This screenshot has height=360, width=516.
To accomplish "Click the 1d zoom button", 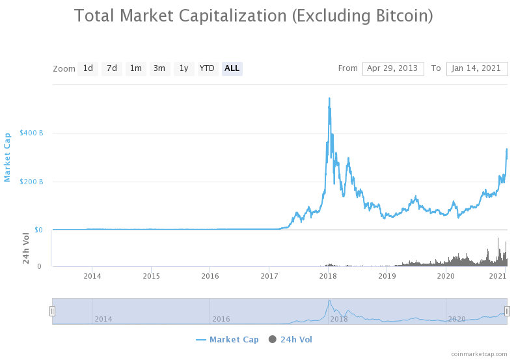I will (88, 68).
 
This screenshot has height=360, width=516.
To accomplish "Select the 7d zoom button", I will (112, 68).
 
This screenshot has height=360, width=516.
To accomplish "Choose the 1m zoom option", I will (135, 68).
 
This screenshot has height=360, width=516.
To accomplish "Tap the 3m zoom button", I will (159, 68).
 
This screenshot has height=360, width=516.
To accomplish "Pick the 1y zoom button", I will (183, 68).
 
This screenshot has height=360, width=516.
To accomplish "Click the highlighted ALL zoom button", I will (232, 68).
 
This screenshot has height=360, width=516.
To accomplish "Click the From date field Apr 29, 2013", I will (393, 68).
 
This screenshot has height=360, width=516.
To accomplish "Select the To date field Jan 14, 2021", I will (476, 68).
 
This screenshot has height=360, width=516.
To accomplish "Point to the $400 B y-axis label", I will (31, 133).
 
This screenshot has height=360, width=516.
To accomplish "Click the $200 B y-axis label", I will (31, 182).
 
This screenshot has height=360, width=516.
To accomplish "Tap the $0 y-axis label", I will (39, 230).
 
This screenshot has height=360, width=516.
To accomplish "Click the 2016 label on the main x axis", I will (210, 276).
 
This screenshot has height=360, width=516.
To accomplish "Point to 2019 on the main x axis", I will (387, 276).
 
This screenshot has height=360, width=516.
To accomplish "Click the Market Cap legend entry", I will (227, 340).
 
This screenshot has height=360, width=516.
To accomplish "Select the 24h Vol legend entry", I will (291, 340).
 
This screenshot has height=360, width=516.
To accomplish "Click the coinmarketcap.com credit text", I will (479, 354).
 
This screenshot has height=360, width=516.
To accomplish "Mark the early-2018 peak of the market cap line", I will (329, 98).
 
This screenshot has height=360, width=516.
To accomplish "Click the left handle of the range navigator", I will (53, 311).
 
